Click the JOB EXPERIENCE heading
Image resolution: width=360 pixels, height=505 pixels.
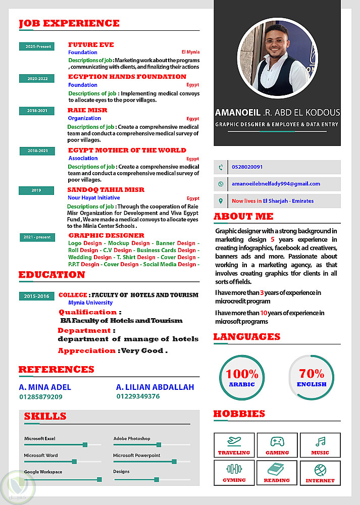pyautogui.click(x=69, y=23)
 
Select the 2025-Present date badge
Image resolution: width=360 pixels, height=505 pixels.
pyautogui.click(x=36, y=46)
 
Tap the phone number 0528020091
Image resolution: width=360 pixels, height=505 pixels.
pyautogui.click(x=247, y=167)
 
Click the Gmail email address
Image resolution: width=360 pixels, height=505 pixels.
pyautogui.click(x=276, y=184)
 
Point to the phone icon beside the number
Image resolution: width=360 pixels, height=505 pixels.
pyautogui.click(x=220, y=167)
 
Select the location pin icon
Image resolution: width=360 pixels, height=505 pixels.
pyautogui.click(x=220, y=201)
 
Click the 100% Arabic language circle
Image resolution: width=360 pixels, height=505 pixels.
pyautogui.click(x=242, y=378)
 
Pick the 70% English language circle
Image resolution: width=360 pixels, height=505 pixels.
pyautogui.click(x=312, y=378)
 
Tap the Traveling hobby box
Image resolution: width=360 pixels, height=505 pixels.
pyautogui.click(x=234, y=445)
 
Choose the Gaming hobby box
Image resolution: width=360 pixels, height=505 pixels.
pyautogui.click(x=277, y=445)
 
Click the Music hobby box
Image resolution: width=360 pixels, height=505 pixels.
pyautogui.click(x=320, y=445)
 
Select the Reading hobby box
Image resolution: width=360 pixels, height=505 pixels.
pyautogui.click(x=277, y=473)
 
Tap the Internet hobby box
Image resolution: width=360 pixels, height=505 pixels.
pyautogui.click(x=320, y=473)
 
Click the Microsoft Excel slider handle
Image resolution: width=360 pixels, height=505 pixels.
pyautogui.click(x=85, y=445)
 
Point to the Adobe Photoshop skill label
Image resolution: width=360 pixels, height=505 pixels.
pyautogui.click(x=132, y=438)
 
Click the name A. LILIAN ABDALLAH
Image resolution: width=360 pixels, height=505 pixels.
pyautogui.click(x=155, y=387)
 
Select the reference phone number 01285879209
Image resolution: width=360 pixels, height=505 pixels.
pyautogui.click(x=41, y=397)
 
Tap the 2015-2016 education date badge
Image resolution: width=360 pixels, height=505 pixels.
pyautogui.click(x=36, y=296)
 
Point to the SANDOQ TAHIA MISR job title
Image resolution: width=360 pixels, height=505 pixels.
pyautogui.click(x=106, y=190)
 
